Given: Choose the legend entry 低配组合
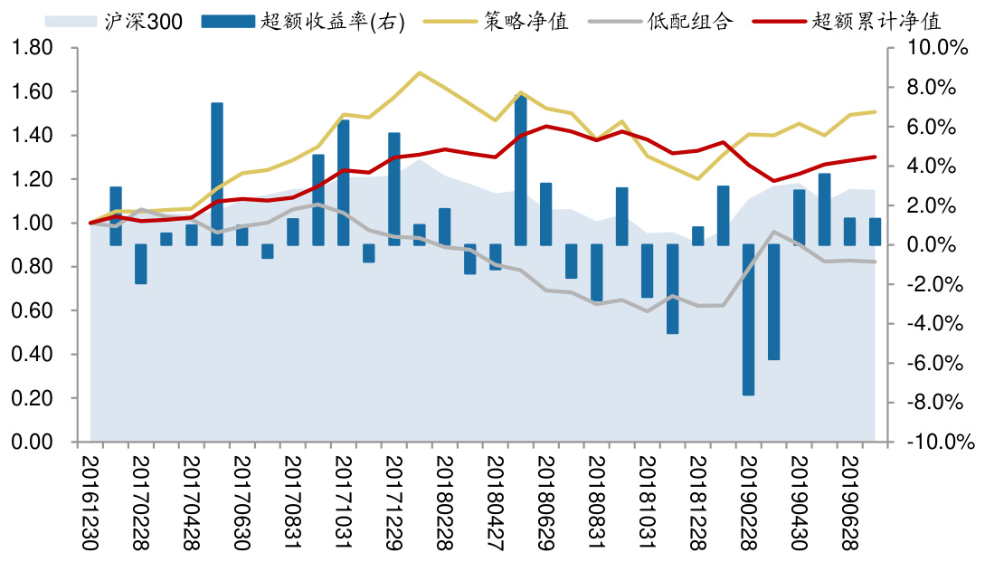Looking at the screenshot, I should pos(691,20).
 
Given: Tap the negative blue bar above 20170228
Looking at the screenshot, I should pos(141,264).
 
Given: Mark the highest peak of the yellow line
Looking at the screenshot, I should pos(419,72).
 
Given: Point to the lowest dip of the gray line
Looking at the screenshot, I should pos(647,311).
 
